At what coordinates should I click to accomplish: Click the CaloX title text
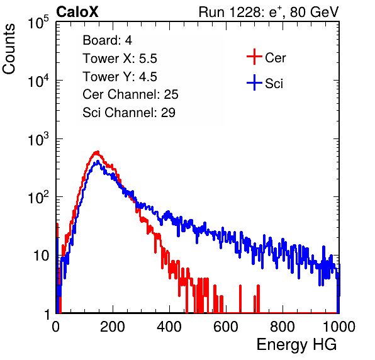click(77, 12)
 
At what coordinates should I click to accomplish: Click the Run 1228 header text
click(269, 12)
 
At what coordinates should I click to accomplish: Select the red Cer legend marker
click(254, 57)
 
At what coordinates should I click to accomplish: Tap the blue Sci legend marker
click(254, 82)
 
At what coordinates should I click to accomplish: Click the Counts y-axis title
click(9, 49)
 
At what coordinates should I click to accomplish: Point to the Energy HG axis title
click(296, 345)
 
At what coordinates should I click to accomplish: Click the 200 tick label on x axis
click(113, 326)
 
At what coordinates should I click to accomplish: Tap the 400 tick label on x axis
click(169, 326)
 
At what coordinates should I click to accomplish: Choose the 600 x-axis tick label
click(226, 326)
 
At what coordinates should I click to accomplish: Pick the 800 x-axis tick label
click(283, 326)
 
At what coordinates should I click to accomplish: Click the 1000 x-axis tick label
click(339, 326)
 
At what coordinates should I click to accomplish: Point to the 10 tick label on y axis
click(41, 256)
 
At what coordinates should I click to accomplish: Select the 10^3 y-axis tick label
click(38, 139)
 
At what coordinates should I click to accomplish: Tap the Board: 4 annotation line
click(108, 40)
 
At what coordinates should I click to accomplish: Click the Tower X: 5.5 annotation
click(120, 59)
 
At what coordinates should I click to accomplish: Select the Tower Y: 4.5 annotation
click(120, 77)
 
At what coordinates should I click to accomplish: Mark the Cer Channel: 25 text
click(130, 94)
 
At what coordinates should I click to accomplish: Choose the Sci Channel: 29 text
click(129, 113)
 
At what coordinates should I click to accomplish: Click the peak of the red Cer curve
click(97, 152)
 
